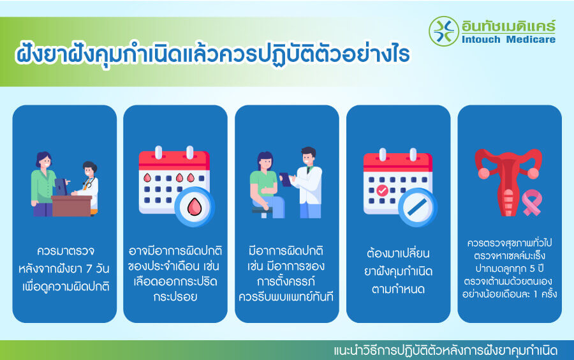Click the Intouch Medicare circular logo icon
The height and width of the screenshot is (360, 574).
click(444, 31)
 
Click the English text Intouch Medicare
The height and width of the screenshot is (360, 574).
click(508, 40)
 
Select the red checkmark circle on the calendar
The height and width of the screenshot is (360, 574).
click(382, 190)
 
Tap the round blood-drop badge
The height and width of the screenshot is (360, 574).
click(195, 207)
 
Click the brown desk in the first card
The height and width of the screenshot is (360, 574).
click(72, 206)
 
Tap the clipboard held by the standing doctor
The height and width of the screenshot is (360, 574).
click(286, 179)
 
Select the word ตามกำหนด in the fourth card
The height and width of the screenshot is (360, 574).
click(398, 288)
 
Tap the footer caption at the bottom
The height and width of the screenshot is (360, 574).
click(445, 350)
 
